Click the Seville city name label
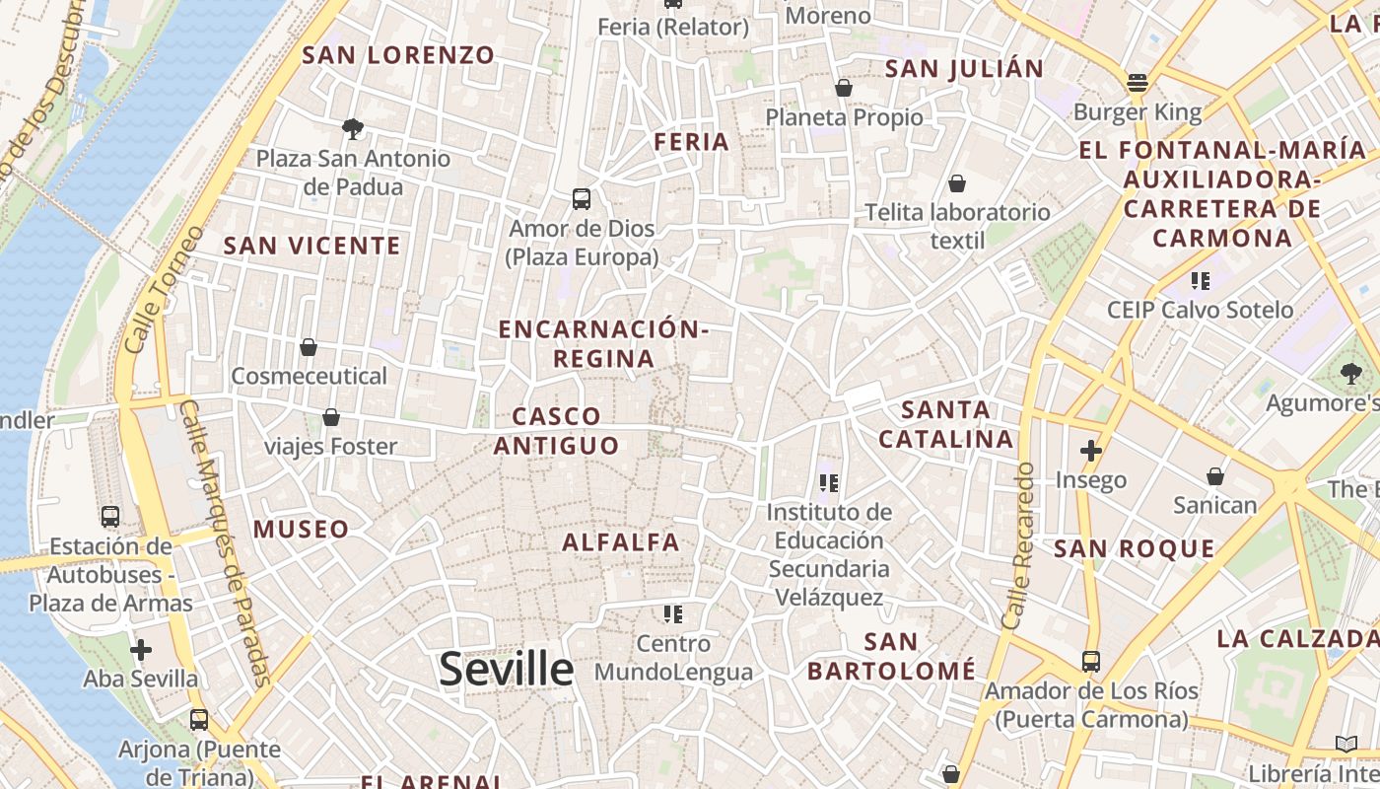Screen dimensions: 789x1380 coord(506,669)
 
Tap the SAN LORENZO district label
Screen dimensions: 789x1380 coord(398,55)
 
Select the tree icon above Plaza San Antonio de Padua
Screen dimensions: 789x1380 coord(352,128)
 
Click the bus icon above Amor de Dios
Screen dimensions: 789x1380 coord(582,199)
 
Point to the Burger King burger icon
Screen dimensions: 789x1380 coord(1138,83)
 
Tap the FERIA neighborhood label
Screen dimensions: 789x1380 coord(692,142)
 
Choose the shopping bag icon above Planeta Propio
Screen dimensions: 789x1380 coord(844,88)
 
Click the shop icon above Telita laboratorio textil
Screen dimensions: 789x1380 coord(956,183)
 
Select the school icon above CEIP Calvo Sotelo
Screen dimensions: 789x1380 coord(1200,281)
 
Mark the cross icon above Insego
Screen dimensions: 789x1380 coord(1090,451)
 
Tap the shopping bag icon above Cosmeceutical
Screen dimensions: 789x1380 coord(309,347)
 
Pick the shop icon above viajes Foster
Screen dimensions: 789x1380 coord(331,417)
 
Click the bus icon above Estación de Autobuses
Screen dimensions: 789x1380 coord(110,516)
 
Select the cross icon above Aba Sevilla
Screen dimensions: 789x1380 coord(141,650)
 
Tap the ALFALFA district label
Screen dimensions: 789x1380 coord(621,541)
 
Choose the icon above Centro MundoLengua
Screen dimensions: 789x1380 coord(673,614)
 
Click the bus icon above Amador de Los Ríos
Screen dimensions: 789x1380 coord(1091,661)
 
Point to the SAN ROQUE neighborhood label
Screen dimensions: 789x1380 coord(1121,549)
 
